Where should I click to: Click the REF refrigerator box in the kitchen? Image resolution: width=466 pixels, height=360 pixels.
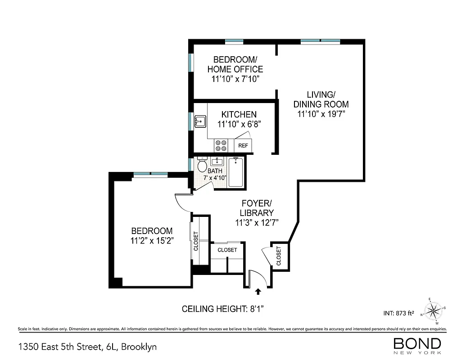pos(243,145)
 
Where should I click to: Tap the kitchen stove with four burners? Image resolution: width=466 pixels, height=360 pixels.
pos(221,145)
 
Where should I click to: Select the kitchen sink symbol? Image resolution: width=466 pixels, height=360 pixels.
pos(200,121)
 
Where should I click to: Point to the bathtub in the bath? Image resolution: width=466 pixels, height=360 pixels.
pos(235,172)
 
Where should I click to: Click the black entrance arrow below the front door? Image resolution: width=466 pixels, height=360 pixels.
pos(258,292)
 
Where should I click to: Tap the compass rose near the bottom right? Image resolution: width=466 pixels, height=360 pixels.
pos(434,310)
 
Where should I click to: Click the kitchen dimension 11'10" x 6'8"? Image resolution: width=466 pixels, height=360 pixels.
pos(239,124)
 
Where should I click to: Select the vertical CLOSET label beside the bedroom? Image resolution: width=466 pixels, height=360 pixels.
pos(196,241)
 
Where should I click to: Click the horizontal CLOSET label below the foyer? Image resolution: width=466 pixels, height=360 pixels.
pos(227,250)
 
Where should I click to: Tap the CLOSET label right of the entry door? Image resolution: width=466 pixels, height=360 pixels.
pos(278,255)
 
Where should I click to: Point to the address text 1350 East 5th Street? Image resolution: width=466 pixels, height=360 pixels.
pos(87,347)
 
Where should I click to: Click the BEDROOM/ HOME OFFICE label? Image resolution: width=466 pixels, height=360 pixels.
pos(235,64)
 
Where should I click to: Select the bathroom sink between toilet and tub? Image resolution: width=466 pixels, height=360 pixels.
pos(218,161)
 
